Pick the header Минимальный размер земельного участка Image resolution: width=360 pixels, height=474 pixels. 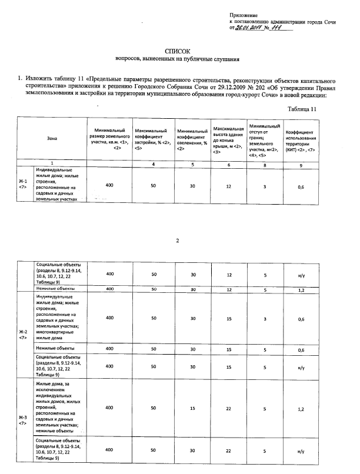109,139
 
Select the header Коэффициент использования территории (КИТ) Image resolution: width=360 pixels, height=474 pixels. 301,139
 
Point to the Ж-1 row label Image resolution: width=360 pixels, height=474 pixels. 22,184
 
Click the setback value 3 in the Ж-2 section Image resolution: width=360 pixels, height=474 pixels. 266,318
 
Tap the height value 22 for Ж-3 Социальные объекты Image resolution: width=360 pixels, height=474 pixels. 229,450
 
